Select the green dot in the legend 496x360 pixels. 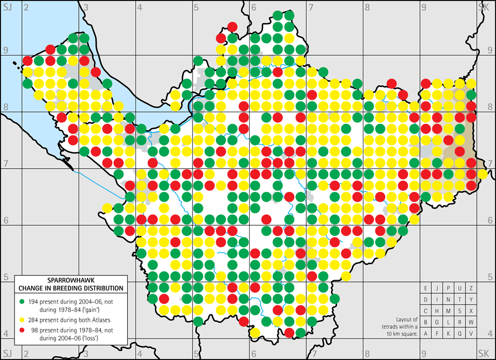click(x=22, y=299)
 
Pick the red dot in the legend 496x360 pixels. click(x=22, y=328)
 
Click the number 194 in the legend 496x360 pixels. click(x=33, y=299)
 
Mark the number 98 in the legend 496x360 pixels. click(x=32, y=328)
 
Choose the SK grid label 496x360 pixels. click(x=484, y=6)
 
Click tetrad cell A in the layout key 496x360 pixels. click(x=426, y=333)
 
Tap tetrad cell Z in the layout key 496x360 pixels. click(x=471, y=288)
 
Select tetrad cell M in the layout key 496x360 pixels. click(x=449, y=310)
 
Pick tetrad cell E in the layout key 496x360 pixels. click(x=426, y=288)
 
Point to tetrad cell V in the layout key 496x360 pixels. click(x=471, y=333)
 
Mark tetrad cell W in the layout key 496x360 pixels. click(x=471, y=322)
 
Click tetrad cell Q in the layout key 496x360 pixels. click(x=460, y=333)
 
